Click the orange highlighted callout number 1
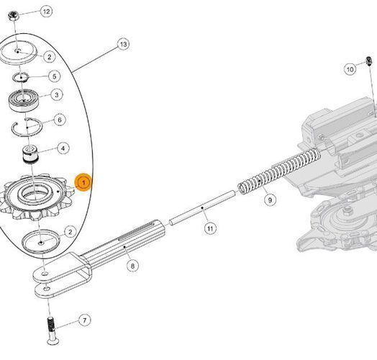[x=83, y=182]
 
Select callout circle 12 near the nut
[x=46, y=12]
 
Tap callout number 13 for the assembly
[x=123, y=44]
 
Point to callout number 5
[x=55, y=76]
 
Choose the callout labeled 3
[x=57, y=94]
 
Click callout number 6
[x=60, y=120]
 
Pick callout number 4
[x=63, y=148]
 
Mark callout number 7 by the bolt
[x=84, y=320]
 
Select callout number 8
[x=132, y=266]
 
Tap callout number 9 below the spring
[x=270, y=199]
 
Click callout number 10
[x=350, y=69]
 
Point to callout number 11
[x=210, y=228]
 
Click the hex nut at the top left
[x=12, y=16]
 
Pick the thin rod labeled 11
[x=202, y=207]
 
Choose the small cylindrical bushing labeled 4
[x=30, y=154]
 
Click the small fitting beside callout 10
[x=369, y=60]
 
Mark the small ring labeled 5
[x=21, y=77]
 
